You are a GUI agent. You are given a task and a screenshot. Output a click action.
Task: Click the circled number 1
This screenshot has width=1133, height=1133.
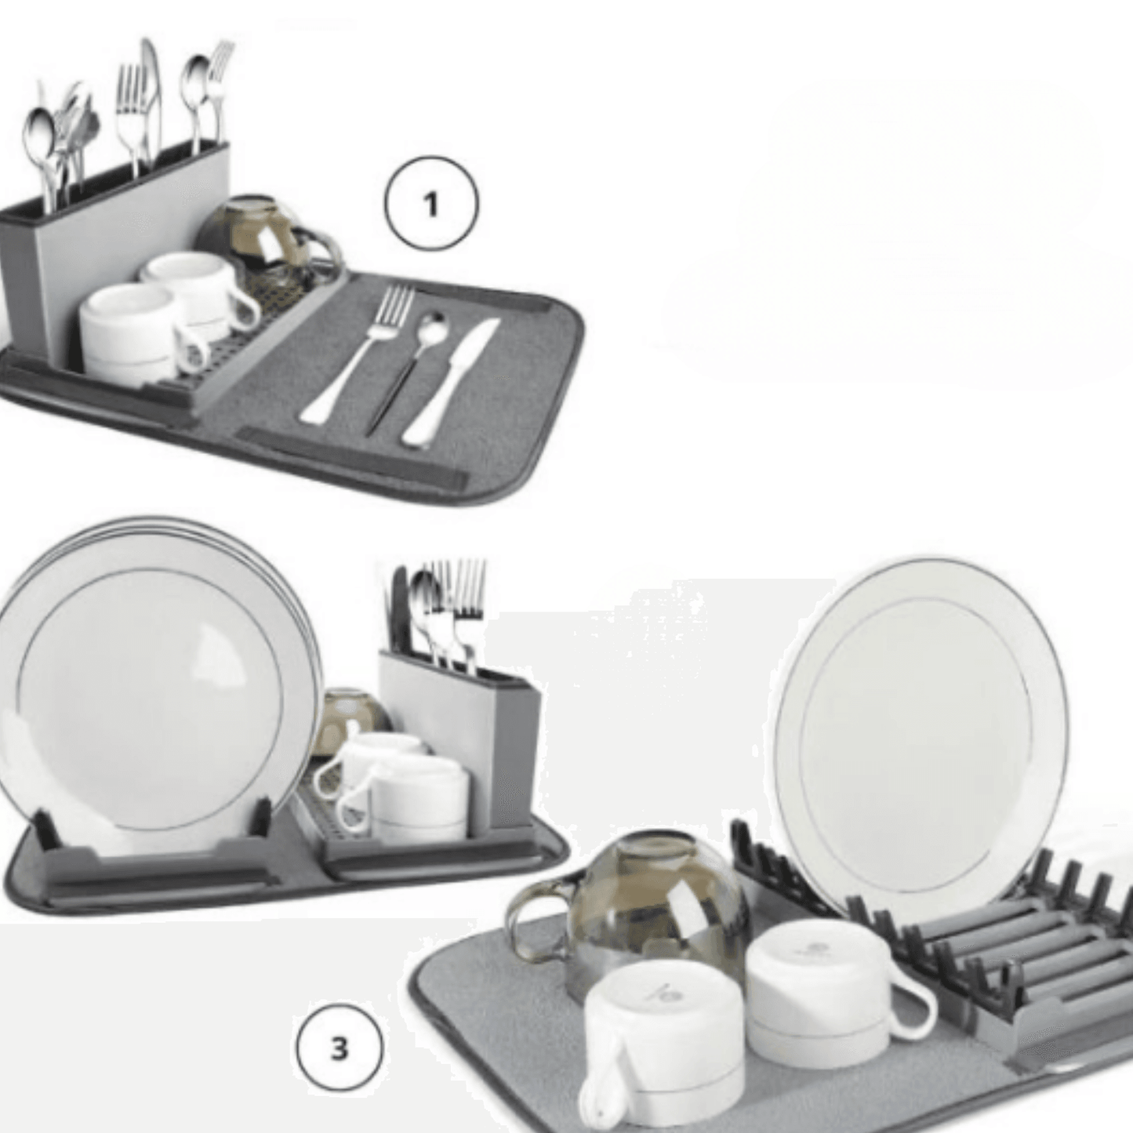point(430,203)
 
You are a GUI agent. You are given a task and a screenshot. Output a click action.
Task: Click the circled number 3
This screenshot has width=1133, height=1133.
point(339,1048)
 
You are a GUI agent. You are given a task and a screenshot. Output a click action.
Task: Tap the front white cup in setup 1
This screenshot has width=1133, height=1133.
point(129,329)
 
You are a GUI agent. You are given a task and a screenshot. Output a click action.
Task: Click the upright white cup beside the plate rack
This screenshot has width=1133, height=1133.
point(823,988)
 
